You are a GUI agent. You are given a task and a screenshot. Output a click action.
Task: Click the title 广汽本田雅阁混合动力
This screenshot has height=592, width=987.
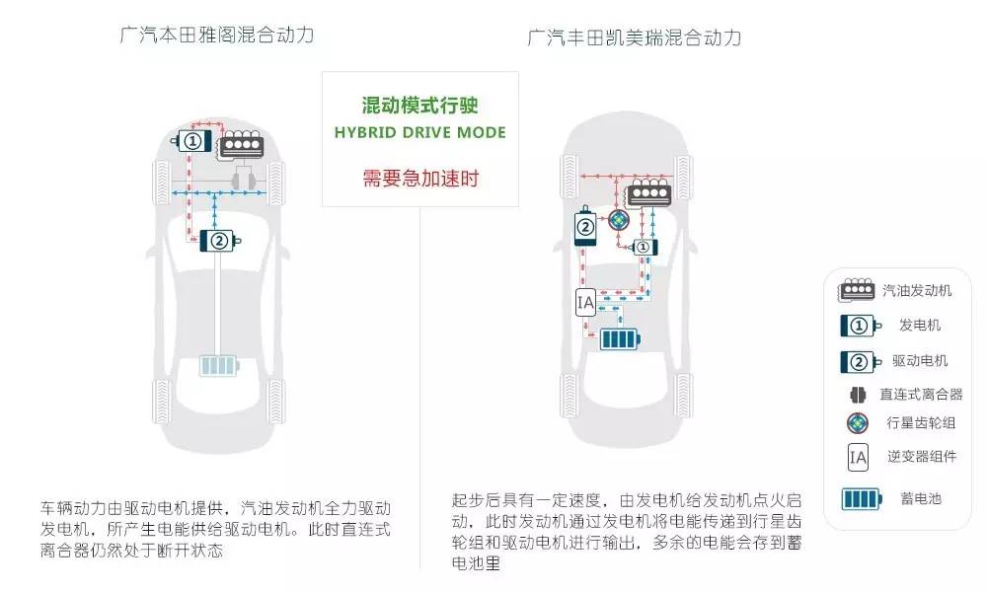coord(216,35)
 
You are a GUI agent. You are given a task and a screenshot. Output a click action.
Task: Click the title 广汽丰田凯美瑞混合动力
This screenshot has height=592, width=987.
coord(635,37)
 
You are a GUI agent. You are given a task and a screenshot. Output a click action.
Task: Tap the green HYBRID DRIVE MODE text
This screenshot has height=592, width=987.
coord(419,133)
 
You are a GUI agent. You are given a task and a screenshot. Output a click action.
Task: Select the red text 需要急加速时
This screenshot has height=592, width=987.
coord(420,178)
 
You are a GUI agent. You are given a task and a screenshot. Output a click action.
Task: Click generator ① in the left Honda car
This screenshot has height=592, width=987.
coord(191,141)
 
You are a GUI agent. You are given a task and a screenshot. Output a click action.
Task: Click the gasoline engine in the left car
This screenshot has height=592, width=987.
coord(241,145)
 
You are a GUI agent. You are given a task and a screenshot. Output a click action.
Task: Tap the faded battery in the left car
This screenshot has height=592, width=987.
coord(219,365)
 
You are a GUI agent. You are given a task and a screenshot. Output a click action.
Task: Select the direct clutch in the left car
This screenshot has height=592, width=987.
coord(244,181)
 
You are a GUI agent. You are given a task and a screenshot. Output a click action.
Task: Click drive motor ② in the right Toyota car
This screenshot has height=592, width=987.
coord(585,226)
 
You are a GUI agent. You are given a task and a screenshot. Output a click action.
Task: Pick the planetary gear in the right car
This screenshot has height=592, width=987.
coord(619,220)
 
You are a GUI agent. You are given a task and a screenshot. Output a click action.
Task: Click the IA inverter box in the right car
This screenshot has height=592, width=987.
coord(585,303)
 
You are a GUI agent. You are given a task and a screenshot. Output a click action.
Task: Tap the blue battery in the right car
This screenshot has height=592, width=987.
coord(620,339)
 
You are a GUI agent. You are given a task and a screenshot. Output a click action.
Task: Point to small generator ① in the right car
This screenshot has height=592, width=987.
coord(645,248)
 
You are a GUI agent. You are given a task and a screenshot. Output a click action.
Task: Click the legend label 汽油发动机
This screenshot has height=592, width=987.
coord(917,291)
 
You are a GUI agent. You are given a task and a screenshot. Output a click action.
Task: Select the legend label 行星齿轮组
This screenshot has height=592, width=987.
coord(921,422)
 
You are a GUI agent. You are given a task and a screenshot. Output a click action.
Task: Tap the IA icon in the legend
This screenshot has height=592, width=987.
coord(858,458)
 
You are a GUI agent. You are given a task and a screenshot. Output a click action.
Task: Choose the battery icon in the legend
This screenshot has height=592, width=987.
coord(862,499)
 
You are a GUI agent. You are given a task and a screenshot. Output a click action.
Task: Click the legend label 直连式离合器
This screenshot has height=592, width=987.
coord(921,395)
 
